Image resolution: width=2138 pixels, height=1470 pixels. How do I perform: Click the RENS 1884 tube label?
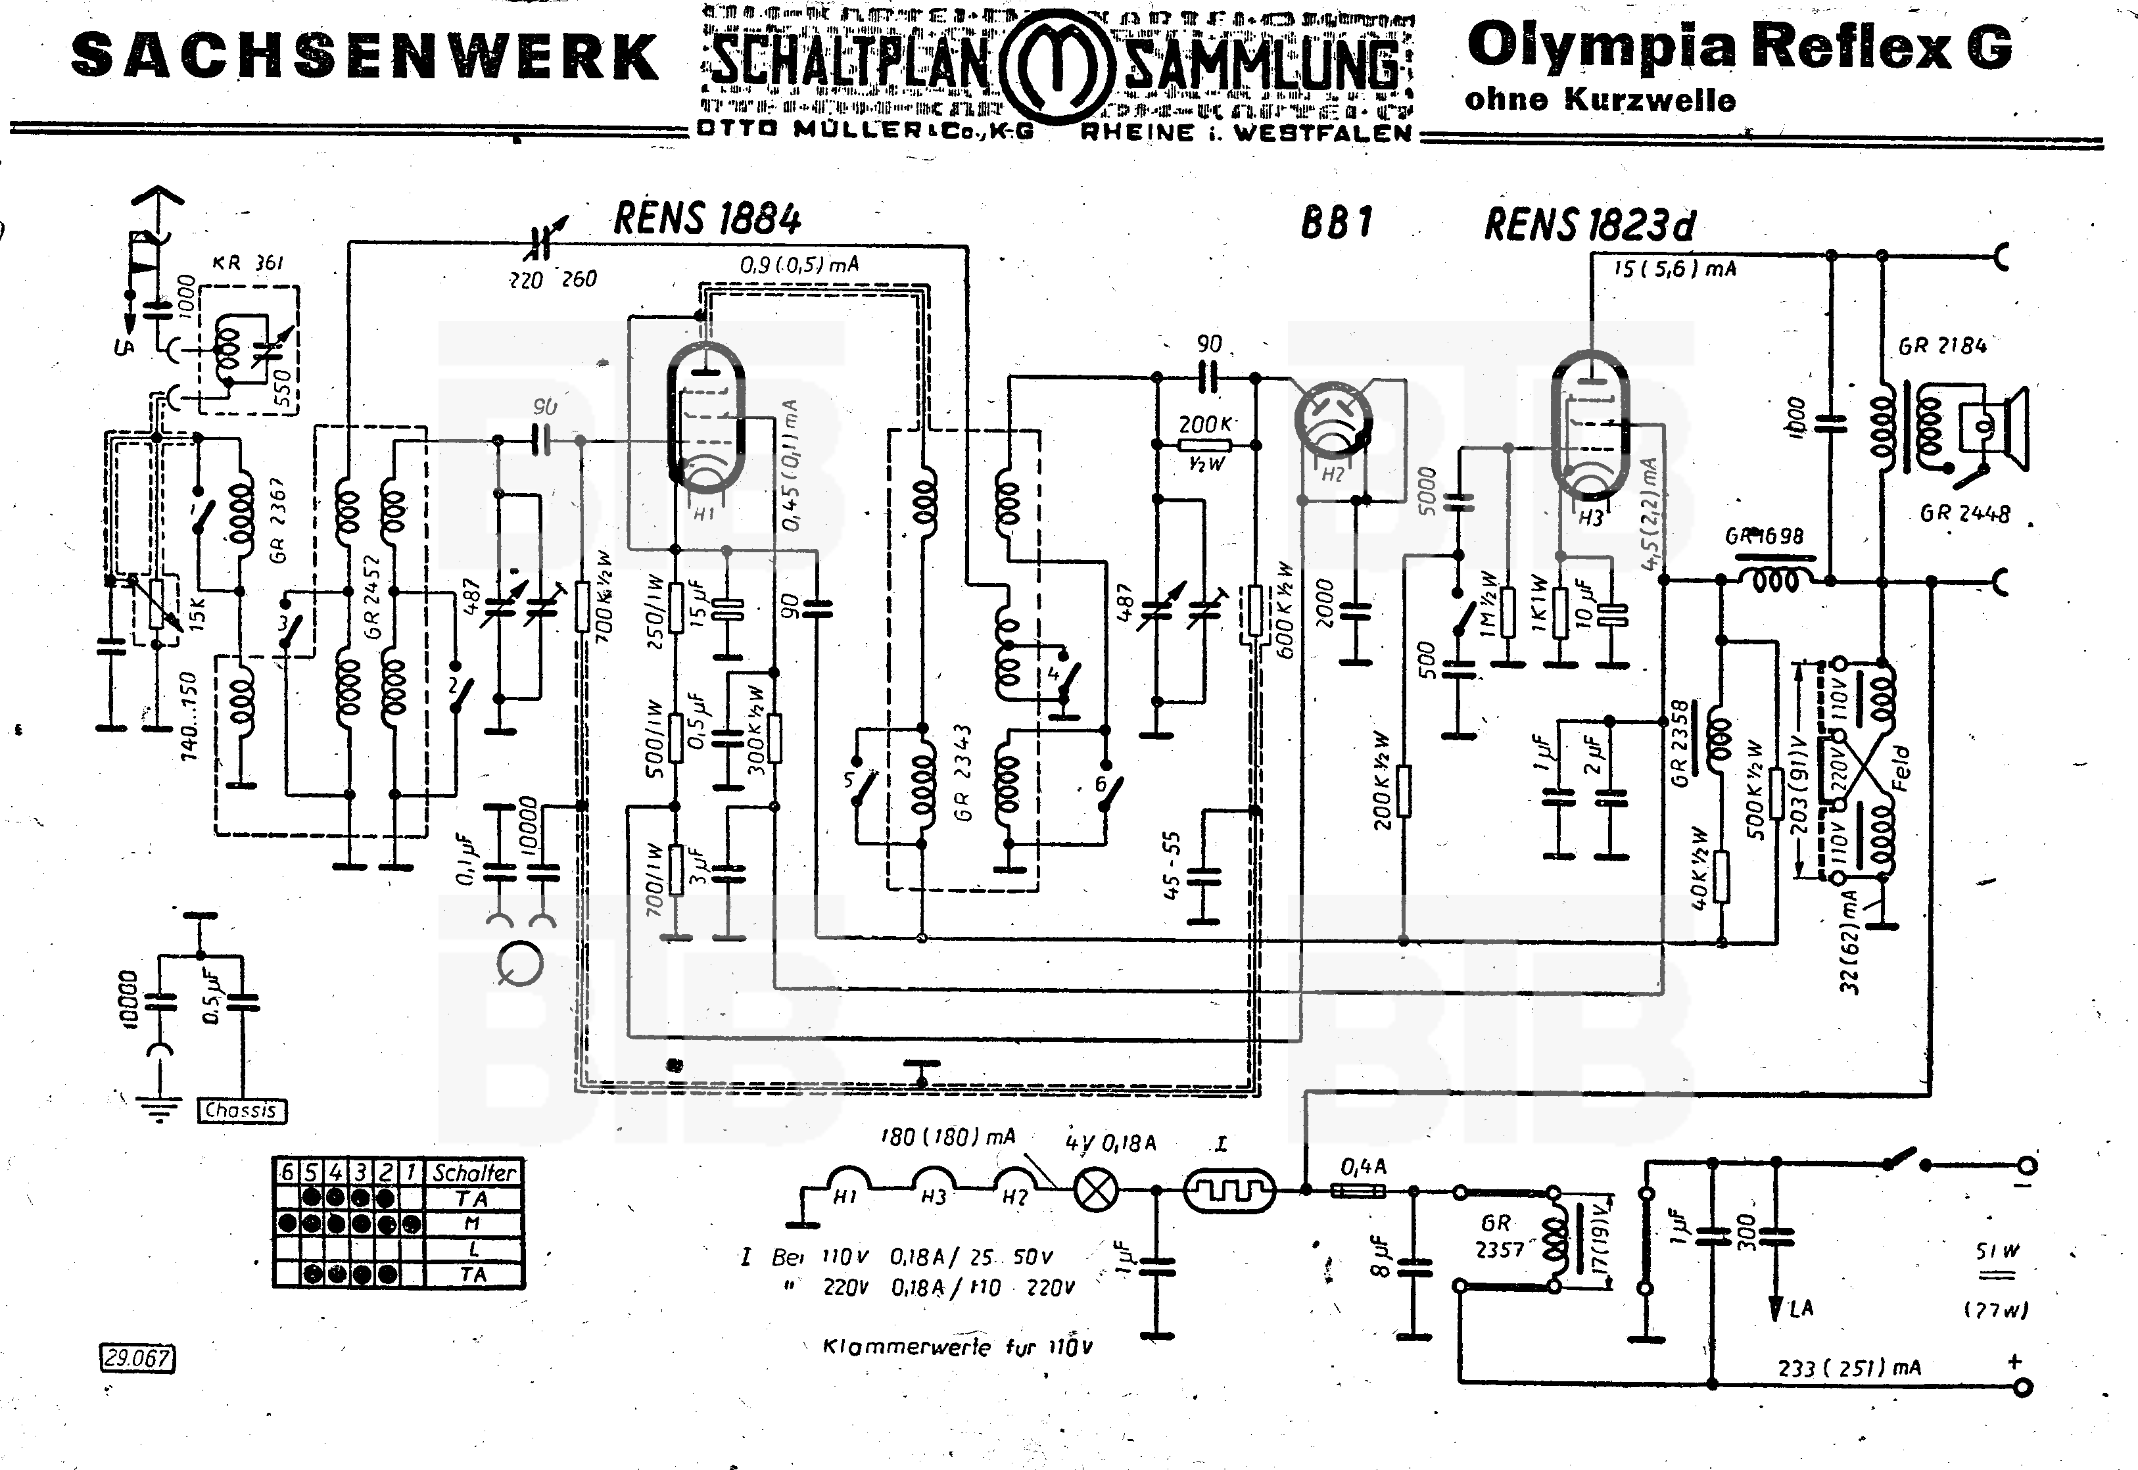click(707, 219)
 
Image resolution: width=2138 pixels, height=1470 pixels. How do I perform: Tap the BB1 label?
click(1337, 222)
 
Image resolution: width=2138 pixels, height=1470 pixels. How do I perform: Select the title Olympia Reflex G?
click(1739, 46)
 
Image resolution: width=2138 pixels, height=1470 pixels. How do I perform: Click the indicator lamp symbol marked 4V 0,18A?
click(1096, 1190)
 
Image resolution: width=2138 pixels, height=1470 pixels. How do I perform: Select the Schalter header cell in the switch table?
click(475, 1172)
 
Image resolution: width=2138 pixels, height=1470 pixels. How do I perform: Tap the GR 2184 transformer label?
click(1942, 346)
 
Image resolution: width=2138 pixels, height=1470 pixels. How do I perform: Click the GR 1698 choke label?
click(1764, 536)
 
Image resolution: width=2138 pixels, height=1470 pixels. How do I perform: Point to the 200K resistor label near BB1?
click(1206, 425)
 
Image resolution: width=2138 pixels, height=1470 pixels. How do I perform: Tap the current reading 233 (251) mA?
click(1849, 1367)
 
